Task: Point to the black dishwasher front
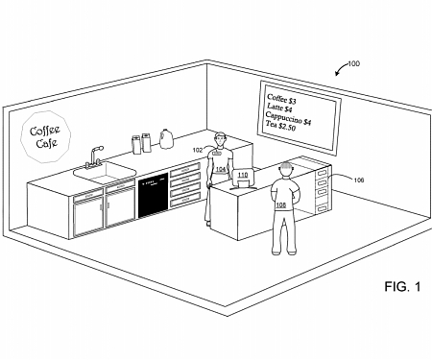(152, 194)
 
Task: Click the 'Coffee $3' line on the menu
(282, 98)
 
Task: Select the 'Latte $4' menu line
(280, 108)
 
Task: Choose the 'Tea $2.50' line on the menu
(285, 128)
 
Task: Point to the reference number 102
(198, 150)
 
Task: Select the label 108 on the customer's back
(281, 204)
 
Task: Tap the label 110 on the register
(243, 175)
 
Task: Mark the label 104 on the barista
(220, 170)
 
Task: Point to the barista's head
(221, 138)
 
